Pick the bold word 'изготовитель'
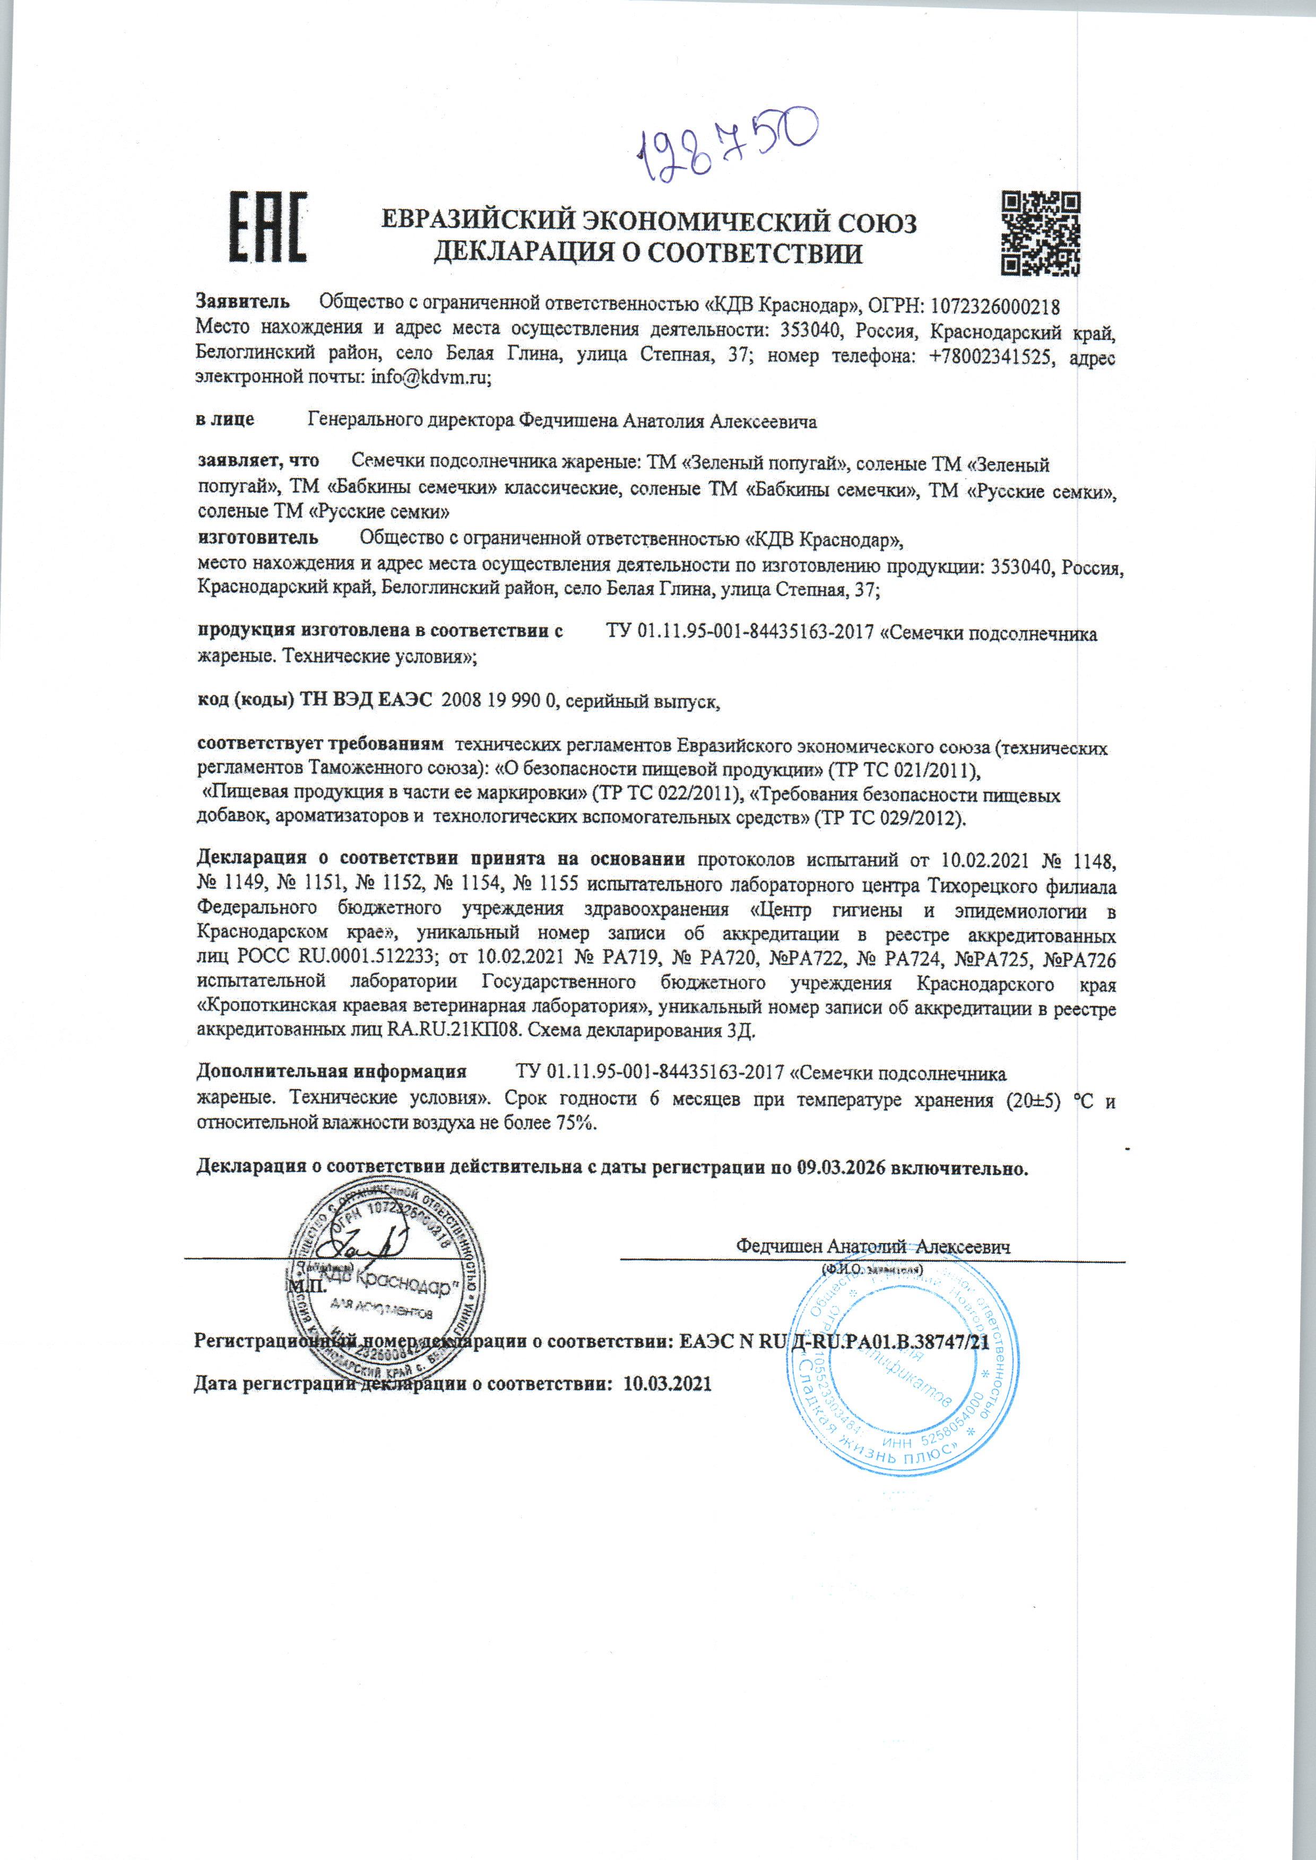tap(258, 537)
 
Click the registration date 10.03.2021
tap(666, 1383)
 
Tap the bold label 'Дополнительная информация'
tap(332, 1072)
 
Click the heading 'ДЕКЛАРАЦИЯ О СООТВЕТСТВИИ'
tap(648, 255)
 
